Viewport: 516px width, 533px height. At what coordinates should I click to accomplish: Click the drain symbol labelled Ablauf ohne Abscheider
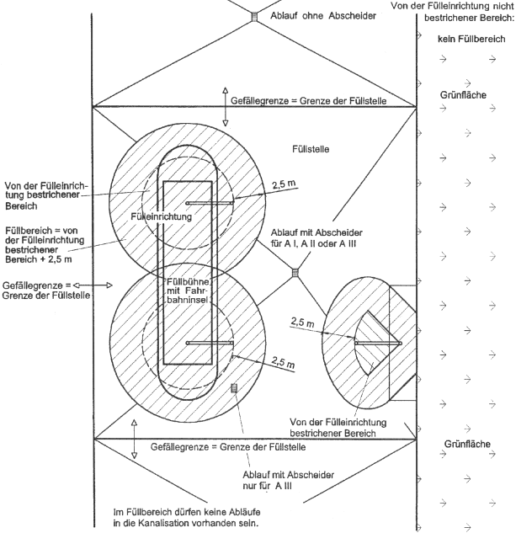253,15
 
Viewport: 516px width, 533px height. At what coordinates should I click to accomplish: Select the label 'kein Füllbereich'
471,39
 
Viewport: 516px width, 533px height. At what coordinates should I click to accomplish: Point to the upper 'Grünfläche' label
463,95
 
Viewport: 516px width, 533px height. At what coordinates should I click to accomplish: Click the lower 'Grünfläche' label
465,444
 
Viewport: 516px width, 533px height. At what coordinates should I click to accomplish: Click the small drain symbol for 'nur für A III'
234,387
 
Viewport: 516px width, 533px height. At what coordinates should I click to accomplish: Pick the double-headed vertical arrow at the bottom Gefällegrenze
134,448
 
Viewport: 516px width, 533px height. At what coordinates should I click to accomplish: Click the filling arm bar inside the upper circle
209,203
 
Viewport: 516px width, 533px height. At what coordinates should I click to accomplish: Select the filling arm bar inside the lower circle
209,343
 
